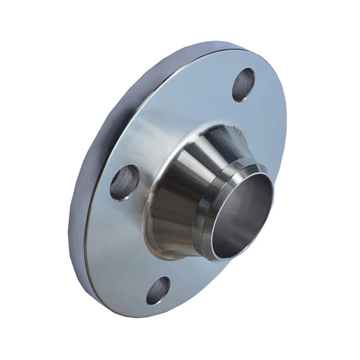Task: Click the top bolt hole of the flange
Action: click(244, 85)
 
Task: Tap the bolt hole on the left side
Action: click(125, 182)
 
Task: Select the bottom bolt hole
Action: click(158, 290)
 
